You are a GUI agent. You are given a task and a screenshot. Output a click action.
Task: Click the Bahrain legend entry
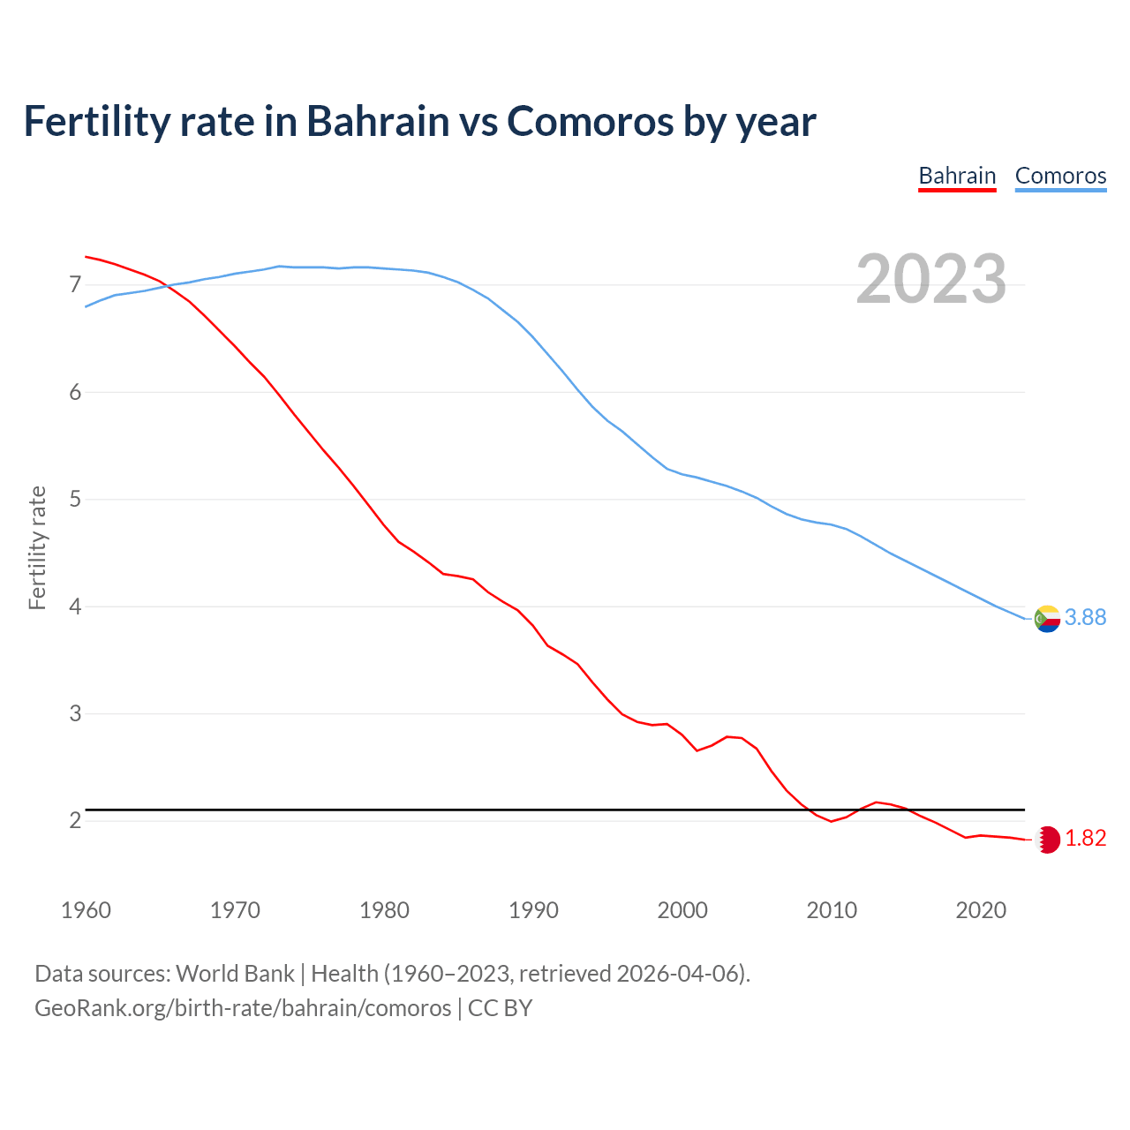957,176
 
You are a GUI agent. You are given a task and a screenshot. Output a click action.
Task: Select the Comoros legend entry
1060,176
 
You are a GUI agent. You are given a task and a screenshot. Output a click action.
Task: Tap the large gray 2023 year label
931,279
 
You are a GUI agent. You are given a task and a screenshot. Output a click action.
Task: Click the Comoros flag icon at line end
1047,619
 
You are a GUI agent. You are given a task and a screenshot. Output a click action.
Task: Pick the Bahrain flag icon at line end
1048,840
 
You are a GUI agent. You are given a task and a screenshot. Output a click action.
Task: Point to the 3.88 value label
1085,618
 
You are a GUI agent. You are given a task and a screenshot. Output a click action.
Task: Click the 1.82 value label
1085,839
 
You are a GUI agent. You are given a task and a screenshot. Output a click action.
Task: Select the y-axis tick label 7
75,284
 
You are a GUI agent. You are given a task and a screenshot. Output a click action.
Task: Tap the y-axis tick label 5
75,500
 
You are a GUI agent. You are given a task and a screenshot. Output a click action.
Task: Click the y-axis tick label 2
75,821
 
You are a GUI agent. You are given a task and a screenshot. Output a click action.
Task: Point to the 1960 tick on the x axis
86,910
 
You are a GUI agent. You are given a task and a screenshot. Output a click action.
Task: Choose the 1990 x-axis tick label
533,910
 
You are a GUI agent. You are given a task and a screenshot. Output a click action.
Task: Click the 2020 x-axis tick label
981,910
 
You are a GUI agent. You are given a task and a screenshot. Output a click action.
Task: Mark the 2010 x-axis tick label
832,910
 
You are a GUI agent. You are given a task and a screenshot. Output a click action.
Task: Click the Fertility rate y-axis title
37,547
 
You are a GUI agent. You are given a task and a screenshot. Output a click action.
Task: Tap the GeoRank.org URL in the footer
243,1008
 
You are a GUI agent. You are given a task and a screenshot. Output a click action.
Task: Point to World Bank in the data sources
235,974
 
